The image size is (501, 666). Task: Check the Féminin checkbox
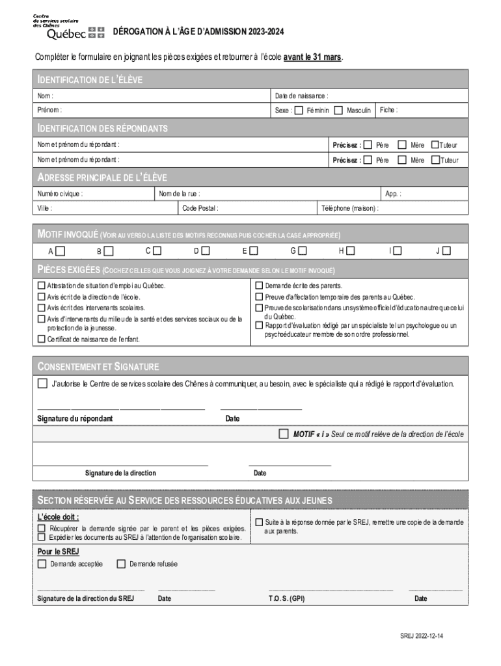[299, 111]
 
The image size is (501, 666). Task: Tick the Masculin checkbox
[338, 111]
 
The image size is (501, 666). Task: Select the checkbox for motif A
[60, 250]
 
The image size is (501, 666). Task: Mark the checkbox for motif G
[302, 250]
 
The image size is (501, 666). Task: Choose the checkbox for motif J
[447, 250]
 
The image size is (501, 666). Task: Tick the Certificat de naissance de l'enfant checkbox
[42, 339]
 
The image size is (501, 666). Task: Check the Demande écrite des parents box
[259, 286]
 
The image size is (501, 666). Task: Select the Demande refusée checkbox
[121, 564]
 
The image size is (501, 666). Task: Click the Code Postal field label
[200, 209]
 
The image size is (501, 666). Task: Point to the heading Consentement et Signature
[98, 367]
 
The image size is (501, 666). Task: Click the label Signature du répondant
[75, 419]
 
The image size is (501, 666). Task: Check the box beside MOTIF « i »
[283, 433]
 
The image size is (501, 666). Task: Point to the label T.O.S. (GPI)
[286, 598]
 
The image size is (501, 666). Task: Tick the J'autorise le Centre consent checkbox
[43, 383]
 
